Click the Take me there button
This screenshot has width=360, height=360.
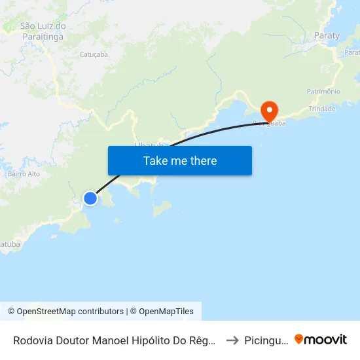click(x=179, y=160)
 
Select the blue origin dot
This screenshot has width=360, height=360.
click(x=90, y=198)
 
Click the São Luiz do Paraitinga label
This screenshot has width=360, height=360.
click(x=43, y=31)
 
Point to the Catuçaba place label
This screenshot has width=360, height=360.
click(x=93, y=54)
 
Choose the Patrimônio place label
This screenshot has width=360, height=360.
click(x=323, y=91)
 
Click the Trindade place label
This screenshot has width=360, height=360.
click(x=321, y=109)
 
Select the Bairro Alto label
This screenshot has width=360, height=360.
click(x=24, y=174)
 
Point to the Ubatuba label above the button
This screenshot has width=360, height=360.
click(x=151, y=144)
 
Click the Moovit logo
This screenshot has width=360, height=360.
click(x=321, y=339)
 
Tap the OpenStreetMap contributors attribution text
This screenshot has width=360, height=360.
click(x=65, y=312)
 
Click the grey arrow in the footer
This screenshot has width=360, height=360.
click(x=232, y=340)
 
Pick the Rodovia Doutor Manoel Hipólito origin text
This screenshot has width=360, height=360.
click(x=115, y=340)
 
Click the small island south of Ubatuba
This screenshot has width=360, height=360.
click(x=161, y=209)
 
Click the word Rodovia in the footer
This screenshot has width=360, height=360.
click(x=33, y=340)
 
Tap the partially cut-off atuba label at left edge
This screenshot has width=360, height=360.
click(x=10, y=244)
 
